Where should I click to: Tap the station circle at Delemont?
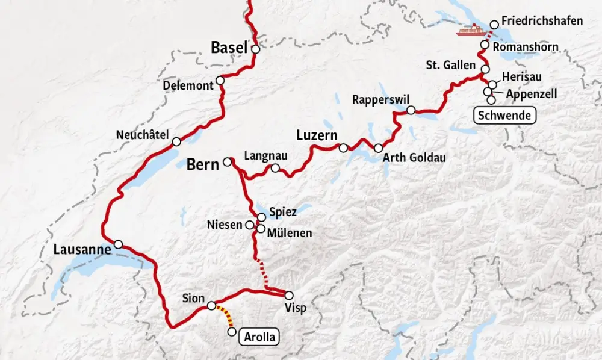coord(220,81)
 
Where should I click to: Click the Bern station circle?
coord(228,161)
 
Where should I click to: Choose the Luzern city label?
coord(317,135)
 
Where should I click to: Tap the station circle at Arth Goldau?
coord(378,148)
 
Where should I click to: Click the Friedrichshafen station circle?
coord(494,25)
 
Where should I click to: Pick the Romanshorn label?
coord(526,47)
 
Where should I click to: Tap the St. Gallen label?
coord(450,65)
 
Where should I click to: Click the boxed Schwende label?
coord(505,115)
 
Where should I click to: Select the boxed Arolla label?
coord(260,337)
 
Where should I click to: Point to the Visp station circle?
coord(289,295)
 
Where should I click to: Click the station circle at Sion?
coord(211,306)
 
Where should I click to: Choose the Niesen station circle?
coord(249,225)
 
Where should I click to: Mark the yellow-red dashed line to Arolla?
coord(226,317)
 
